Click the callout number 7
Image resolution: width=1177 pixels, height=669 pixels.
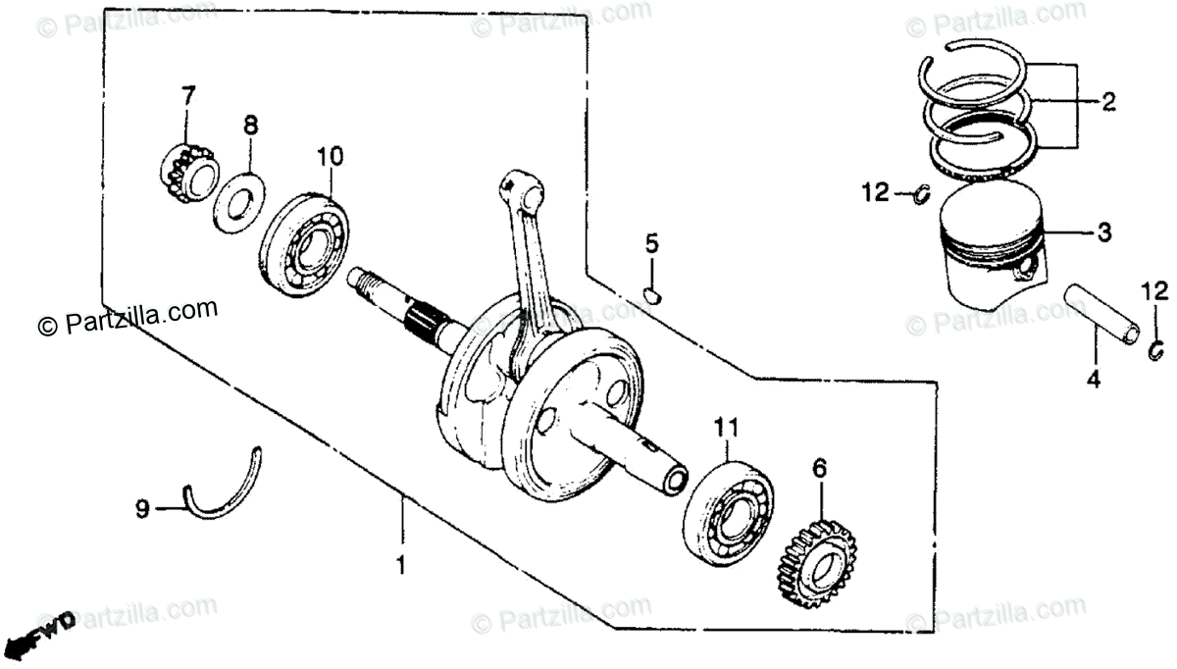pos(187,95)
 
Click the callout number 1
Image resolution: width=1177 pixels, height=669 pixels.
pos(400,565)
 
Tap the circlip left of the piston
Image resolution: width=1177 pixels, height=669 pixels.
pos(921,195)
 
